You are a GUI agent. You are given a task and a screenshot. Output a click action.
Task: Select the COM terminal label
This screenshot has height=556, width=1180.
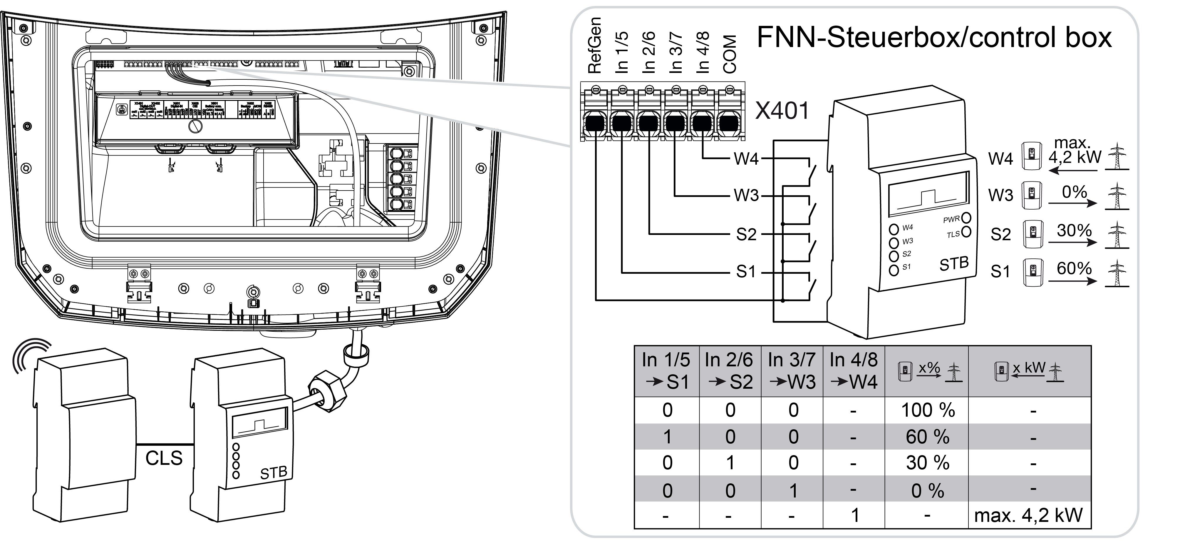(729, 54)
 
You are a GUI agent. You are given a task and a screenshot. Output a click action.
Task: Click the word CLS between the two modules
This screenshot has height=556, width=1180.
(164, 458)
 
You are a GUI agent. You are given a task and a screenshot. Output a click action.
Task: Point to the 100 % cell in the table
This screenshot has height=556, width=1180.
(928, 410)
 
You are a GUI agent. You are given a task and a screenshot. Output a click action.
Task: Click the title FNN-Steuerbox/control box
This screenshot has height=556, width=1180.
(934, 38)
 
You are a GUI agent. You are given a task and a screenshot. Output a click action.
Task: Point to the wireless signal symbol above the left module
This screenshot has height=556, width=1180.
(30, 355)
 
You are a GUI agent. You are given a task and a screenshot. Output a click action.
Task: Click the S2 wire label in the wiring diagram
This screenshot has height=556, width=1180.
(746, 235)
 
